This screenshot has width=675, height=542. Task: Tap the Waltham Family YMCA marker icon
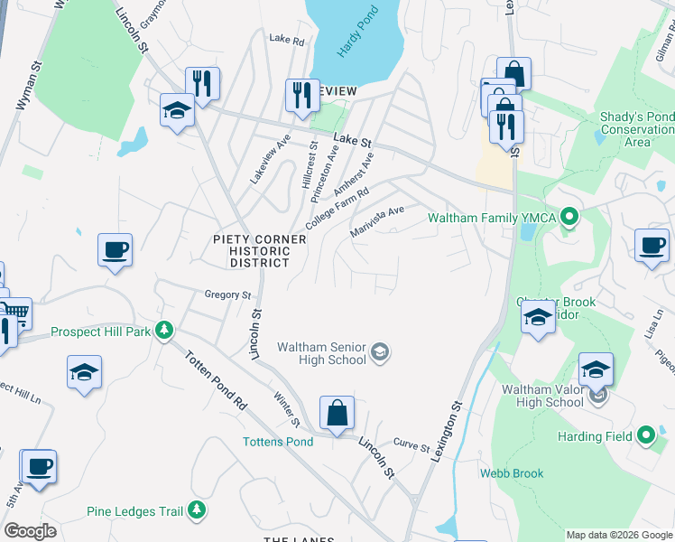pos(569,218)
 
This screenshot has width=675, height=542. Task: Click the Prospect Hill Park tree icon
pos(164,332)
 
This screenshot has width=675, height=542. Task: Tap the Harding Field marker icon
pos(645,436)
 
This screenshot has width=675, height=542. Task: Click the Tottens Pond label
pos(278,442)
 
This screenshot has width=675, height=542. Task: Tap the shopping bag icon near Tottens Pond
pos(337,414)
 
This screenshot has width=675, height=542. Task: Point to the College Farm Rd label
pos(338,209)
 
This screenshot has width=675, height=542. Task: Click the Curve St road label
pos(411,445)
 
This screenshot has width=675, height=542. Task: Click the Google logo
pos(31,531)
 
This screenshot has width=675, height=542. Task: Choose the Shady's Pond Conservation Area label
pos(637,130)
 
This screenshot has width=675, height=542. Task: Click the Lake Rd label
pos(287,40)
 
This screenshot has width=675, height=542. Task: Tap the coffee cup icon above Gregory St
pos(116,249)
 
